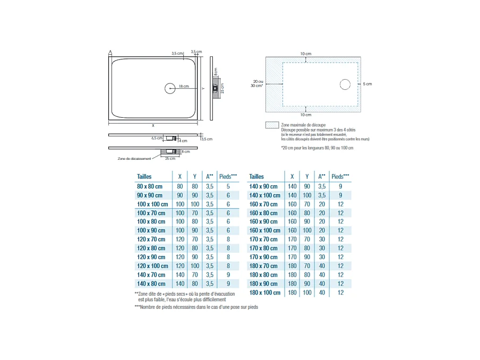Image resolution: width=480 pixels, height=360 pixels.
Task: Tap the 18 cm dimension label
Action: pos(184,86)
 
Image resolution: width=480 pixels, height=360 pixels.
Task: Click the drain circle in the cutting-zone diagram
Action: pos(345,84)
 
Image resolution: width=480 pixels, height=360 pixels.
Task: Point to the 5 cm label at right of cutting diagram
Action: pos(367,84)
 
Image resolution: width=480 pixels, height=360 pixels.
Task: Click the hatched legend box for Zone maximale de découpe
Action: pos(272,125)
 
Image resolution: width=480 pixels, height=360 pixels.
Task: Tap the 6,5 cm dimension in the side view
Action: pos(157,138)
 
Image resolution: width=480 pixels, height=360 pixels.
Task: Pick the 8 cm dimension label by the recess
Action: pos(186,152)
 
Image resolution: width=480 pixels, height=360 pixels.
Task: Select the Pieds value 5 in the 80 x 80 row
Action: pos(228,186)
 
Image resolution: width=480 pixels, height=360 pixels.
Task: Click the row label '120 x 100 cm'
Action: pos(152,266)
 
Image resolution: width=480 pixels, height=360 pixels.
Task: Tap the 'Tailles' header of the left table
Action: pos(144,176)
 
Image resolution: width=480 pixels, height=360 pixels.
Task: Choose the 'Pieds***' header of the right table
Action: pos(340,176)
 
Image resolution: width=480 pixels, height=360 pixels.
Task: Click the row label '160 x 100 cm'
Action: pos(264,230)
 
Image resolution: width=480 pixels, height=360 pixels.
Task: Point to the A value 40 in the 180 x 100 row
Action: pos(322,293)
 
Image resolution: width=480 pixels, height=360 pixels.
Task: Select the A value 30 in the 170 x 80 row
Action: pos(322,248)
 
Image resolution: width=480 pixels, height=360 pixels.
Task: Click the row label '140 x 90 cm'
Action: pos(263,186)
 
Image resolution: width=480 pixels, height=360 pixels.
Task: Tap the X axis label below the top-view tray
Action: pos(153,126)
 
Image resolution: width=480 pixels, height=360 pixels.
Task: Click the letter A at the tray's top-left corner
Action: pos(110,52)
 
